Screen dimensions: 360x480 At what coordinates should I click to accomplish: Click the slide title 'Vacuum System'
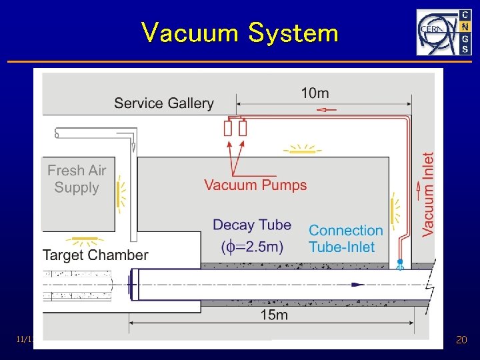click(239, 32)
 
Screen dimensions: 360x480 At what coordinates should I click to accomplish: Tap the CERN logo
click(443, 32)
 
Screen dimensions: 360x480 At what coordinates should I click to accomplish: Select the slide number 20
click(461, 340)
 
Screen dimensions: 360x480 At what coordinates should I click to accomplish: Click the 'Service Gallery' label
click(163, 103)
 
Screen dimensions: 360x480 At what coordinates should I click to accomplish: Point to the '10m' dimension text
click(315, 93)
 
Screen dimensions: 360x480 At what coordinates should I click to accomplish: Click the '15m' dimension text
click(273, 315)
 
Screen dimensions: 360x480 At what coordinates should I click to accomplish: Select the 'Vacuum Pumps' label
click(255, 185)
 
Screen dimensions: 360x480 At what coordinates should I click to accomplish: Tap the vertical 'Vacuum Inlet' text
click(428, 194)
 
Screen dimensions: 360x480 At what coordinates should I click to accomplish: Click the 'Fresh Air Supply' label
click(77, 179)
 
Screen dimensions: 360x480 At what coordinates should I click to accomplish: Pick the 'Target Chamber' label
click(95, 255)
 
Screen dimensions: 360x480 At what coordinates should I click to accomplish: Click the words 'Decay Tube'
click(252, 225)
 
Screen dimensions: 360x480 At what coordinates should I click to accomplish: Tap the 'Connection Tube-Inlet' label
click(345, 238)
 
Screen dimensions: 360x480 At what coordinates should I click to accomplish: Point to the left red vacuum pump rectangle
click(228, 128)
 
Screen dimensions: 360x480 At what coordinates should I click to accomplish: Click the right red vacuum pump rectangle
click(243, 128)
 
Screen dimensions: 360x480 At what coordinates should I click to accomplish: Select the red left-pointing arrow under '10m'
click(326, 109)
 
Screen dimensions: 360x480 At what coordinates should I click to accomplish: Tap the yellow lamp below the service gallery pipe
click(302, 150)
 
